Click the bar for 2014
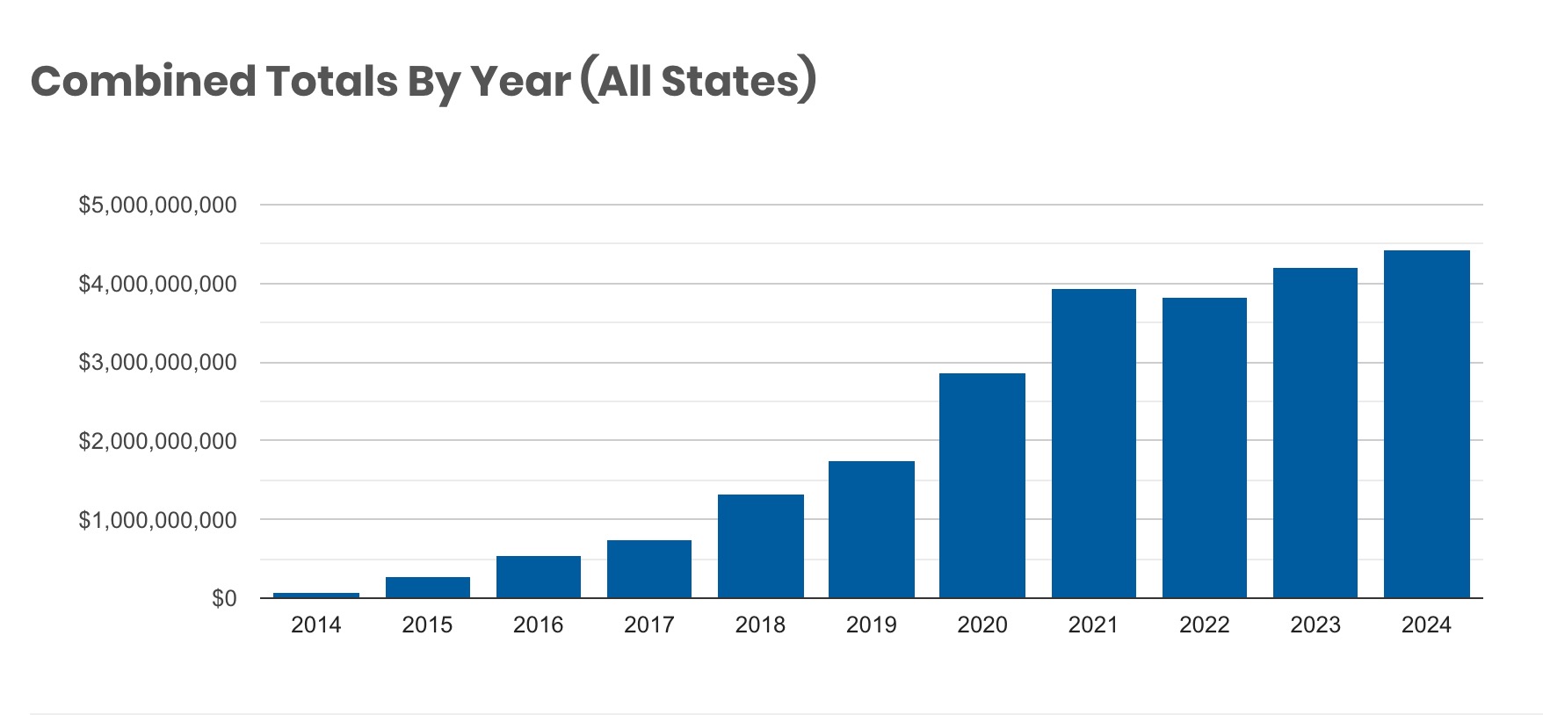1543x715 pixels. (x=316, y=596)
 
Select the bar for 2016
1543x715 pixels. (x=539, y=577)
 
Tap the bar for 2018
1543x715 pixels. (x=761, y=546)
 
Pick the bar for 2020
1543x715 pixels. (x=982, y=486)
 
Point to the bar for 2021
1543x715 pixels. (x=1094, y=444)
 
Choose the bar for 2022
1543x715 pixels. (x=1205, y=448)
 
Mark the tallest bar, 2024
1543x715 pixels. (x=1427, y=424)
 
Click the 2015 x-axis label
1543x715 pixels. (x=427, y=625)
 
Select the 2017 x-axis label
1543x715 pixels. (x=649, y=625)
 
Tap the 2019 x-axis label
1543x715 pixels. (x=872, y=625)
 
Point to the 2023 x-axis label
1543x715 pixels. (x=1315, y=625)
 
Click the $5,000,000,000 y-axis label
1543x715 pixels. (x=158, y=206)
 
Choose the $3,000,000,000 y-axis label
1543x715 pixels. (x=158, y=363)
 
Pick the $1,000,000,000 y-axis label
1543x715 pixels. (x=158, y=520)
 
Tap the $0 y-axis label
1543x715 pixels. (x=224, y=598)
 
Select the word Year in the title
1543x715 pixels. (x=520, y=81)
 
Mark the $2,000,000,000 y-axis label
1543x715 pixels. (x=158, y=441)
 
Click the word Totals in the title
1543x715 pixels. (x=332, y=81)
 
